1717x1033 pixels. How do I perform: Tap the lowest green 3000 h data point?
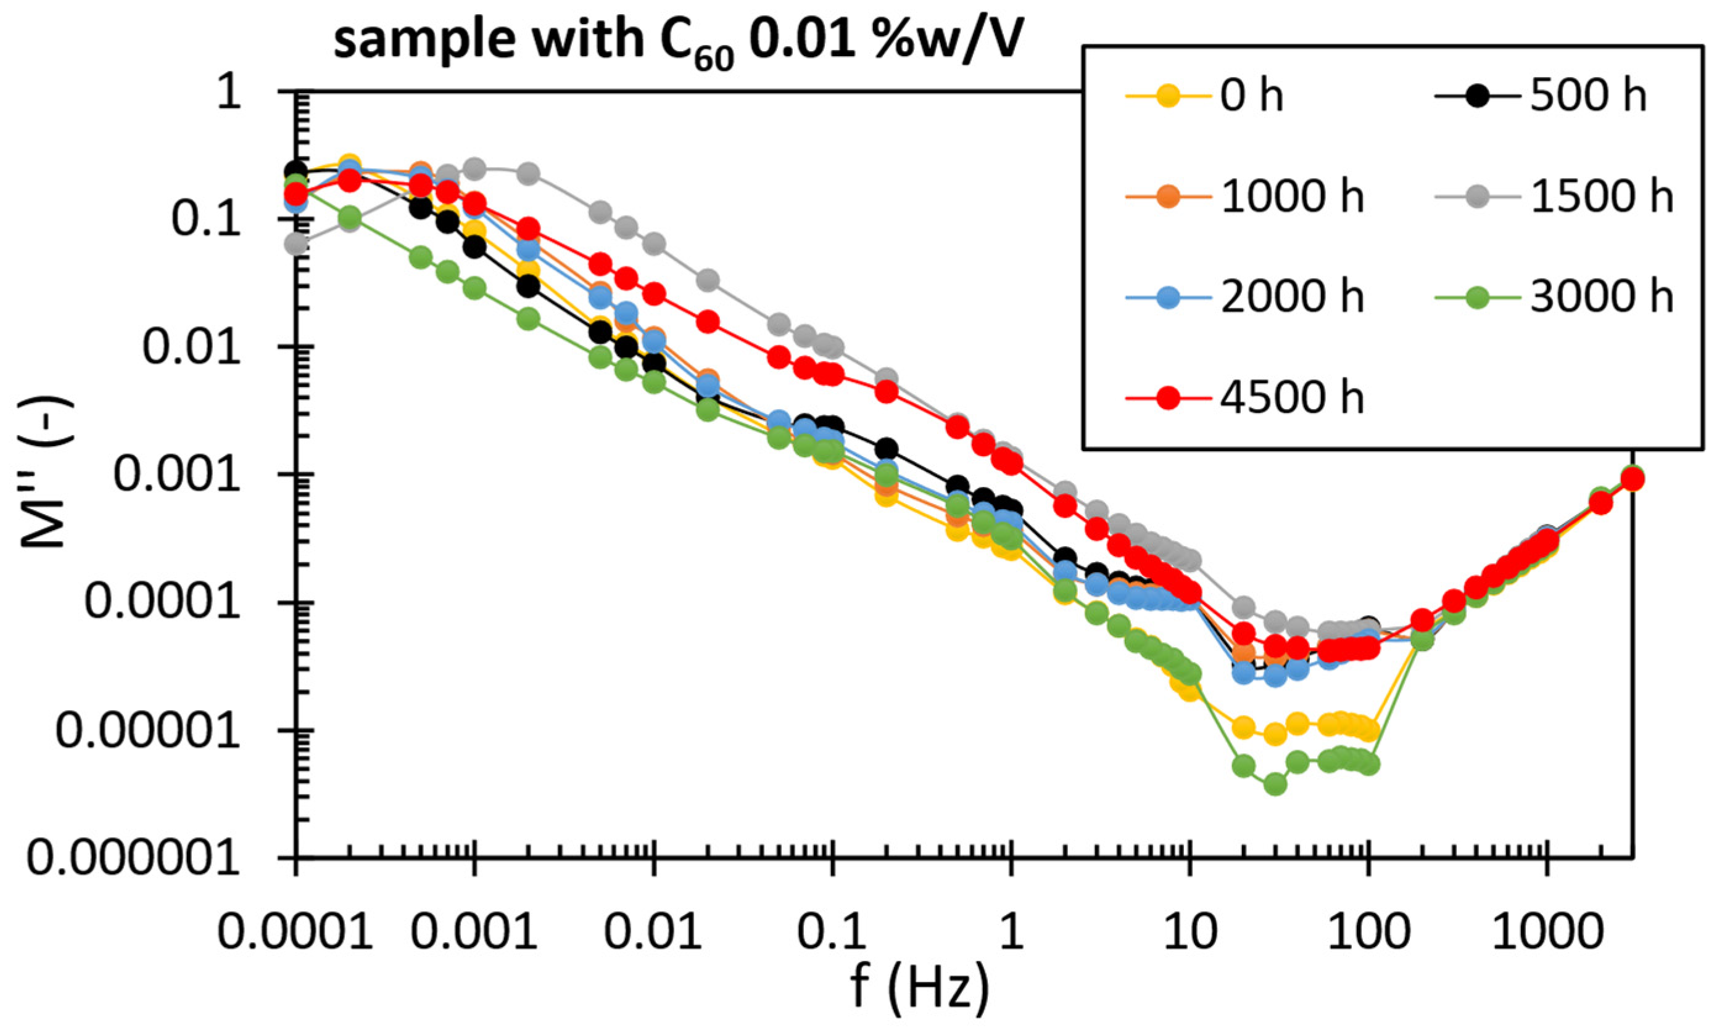(x=1275, y=785)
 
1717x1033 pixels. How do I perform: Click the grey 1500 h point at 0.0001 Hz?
(x=297, y=244)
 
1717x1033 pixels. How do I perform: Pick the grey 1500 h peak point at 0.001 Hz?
(x=476, y=168)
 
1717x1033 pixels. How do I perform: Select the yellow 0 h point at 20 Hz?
(x=1244, y=727)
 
